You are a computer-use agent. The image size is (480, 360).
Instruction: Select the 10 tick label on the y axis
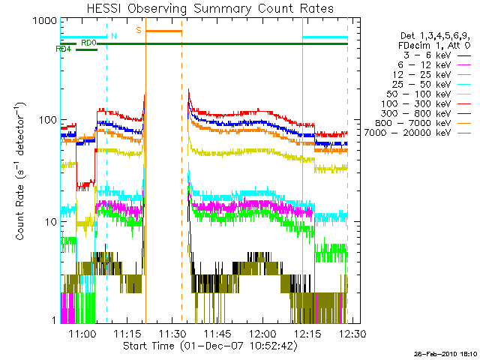pos(50,222)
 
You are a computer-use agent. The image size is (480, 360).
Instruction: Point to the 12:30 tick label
pos(351,332)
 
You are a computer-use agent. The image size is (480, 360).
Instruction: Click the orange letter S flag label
pos(138,30)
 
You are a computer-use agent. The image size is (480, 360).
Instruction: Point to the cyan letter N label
pos(113,35)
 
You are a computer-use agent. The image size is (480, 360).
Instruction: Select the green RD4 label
pos(64,49)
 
